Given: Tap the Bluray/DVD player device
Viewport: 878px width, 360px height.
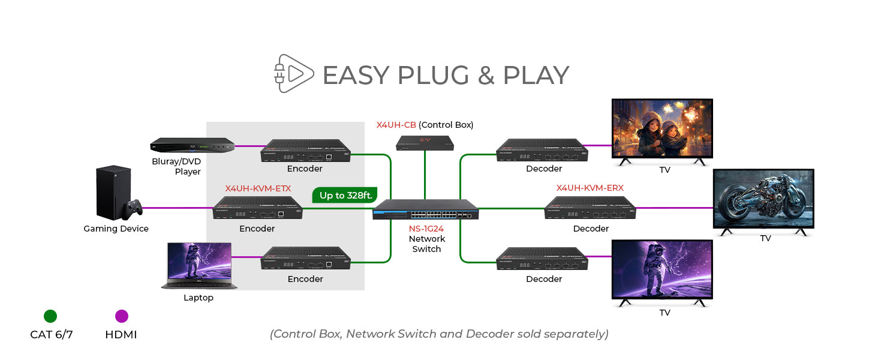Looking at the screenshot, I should point(191,146).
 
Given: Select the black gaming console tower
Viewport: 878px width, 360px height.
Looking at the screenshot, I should point(112,192).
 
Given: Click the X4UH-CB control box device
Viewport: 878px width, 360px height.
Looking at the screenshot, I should point(425,142).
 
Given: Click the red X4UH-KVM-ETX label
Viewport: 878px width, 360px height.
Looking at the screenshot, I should point(258,188).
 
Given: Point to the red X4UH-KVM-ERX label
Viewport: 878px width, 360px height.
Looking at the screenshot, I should point(590,188).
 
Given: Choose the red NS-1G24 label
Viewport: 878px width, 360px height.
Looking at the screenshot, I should point(426,228).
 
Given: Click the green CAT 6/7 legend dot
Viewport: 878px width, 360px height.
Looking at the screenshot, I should point(50,316).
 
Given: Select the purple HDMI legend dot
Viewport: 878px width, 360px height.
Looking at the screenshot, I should point(121,316).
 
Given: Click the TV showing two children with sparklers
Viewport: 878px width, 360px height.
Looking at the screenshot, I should point(661,129).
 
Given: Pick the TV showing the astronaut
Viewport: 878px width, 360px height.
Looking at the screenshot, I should point(661,270).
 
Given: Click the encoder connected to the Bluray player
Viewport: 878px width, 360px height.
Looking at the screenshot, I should point(305,151).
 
